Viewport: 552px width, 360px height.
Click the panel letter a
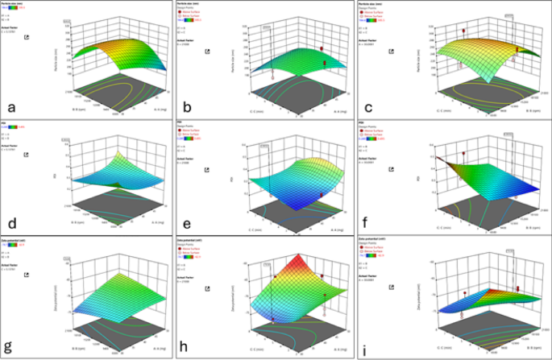click(10, 107)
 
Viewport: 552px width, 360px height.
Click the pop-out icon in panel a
click(29, 37)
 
